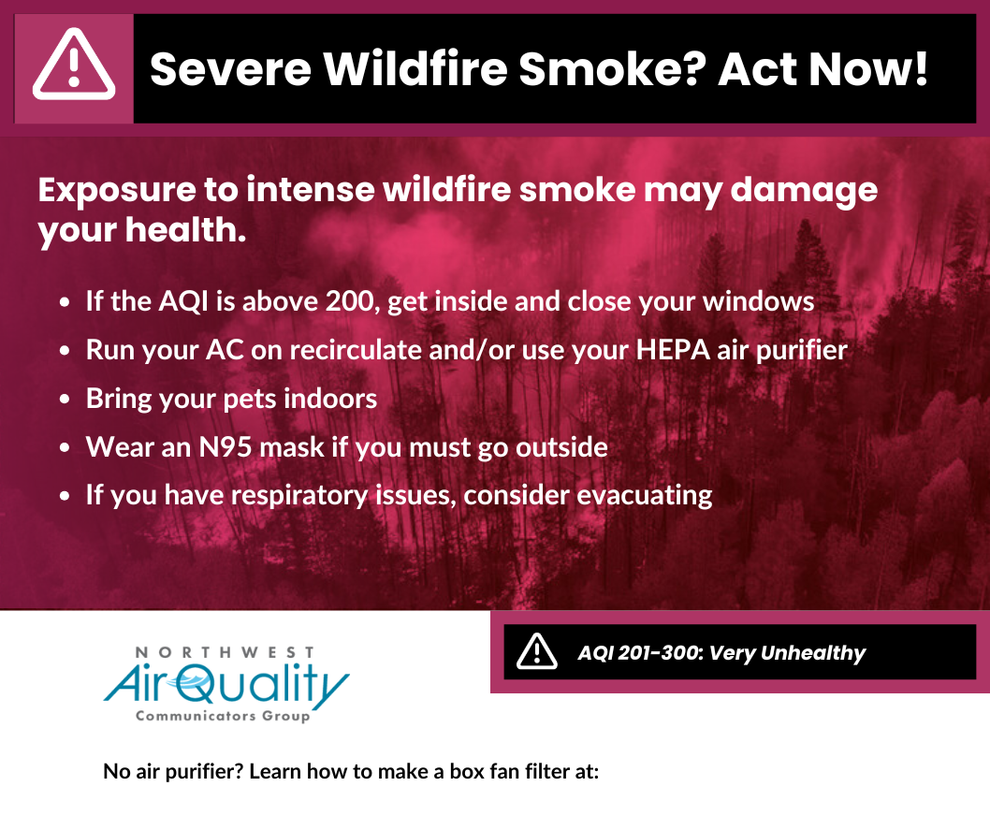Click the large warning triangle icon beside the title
tap(74, 64)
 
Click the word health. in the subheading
tap(185, 229)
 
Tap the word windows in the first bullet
tap(758, 301)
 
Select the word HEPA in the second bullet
tap(673, 350)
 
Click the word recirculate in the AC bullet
tap(356, 350)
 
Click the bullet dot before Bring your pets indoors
tap(65, 400)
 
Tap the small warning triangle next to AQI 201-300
tap(537, 651)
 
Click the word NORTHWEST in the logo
tap(225, 652)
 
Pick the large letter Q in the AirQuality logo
tap(199, 686)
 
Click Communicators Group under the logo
tap(223, 716)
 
